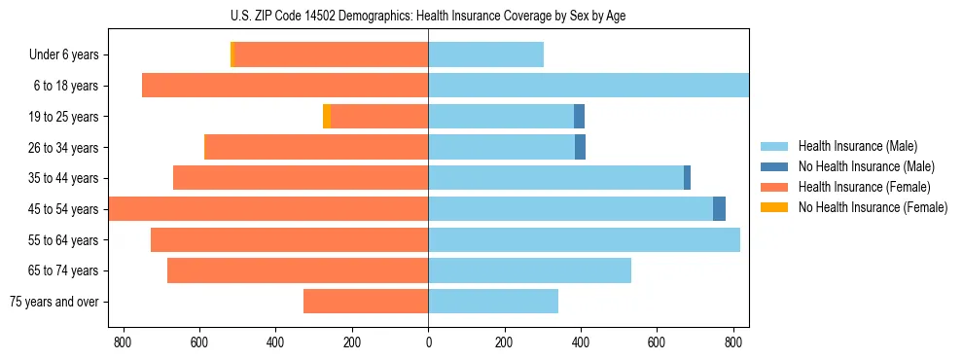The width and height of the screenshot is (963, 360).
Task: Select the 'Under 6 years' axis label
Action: pyautogui.click(x=63, y=55)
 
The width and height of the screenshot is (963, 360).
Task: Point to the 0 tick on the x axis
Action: pyautogui.click(x=428, y=342)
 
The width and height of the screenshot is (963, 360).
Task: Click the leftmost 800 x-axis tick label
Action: pyautogui.click(x=123, y=342)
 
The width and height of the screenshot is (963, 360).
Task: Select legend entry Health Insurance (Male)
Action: pyautogui.click(x=856, y=146)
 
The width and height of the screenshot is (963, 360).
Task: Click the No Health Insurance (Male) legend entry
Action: pyautogui.click(x=863, y=166)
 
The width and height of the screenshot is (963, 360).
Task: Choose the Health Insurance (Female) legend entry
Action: pyautogui.click(x=863, y=187)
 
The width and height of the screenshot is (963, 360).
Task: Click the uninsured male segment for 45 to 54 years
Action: pyautogui.click(x=719, y=209)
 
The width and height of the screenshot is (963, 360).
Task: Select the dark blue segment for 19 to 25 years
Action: pyautogui.click(x=579, y=117)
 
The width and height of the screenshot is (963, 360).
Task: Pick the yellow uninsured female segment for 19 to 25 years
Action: pyautogui.click(x=327, y=117)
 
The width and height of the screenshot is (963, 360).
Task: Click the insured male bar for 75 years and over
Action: pyautogui.click(x=493, y=302)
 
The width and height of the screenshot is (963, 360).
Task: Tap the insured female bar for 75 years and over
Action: pyautogui.click(x=366, y=302)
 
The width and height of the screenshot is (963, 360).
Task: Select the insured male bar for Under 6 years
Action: pyautogui.click(x=485, y=55)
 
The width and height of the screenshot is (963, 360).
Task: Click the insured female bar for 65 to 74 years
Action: pyautogui.click(x=298, y=270)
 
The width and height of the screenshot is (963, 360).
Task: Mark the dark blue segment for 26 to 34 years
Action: pyautogui.click(x=580, y=148)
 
